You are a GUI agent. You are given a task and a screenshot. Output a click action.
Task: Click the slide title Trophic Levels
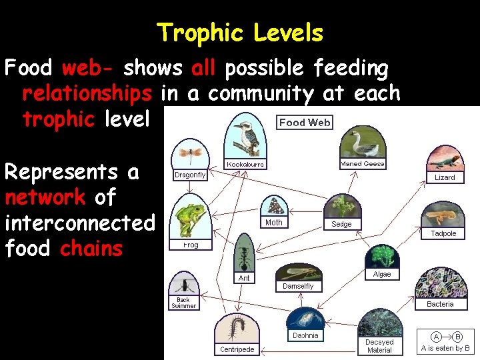pos(240,33)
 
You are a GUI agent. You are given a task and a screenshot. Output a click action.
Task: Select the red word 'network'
pos(45,197)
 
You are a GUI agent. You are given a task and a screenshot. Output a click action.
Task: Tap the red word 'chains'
pos(91,249)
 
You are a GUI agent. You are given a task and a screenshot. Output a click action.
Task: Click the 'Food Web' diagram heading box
pos(305,122)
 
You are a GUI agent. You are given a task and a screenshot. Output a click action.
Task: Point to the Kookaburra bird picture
pos(245,135)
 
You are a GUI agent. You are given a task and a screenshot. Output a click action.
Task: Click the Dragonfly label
pos(190,175)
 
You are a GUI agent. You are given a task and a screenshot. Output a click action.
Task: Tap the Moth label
pos(274,223)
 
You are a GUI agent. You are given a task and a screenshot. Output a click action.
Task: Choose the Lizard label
pos(445,177)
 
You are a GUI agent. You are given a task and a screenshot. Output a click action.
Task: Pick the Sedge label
pos(341,225)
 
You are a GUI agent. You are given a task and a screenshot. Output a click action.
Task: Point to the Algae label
pos(382,274)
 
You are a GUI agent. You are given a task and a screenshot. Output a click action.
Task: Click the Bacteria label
pos(440,304)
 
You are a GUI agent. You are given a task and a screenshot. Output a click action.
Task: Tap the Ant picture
pos(244,253)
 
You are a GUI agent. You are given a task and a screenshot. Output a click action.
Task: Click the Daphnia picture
pos(305,318)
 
